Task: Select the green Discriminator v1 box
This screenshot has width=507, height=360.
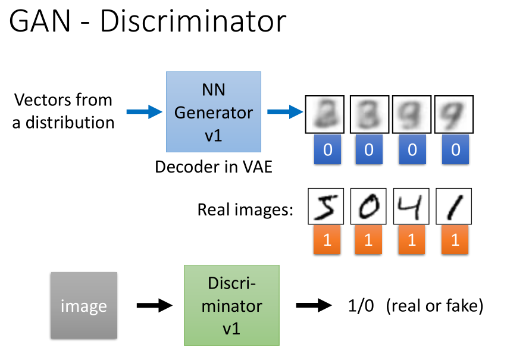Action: coord(231,305)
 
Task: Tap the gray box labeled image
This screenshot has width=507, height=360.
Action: coord(83,306)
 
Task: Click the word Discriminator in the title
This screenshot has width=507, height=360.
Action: coord(193,22)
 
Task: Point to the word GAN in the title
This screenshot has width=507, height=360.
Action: coord(41,22)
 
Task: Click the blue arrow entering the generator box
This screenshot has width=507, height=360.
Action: coord(144,111)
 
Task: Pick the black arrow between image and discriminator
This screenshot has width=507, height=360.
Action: coord(154,306)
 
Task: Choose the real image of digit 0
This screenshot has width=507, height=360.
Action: coord(368,206)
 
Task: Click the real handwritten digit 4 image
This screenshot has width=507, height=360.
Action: coord(412,206)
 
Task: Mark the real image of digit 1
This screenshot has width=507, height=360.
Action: coord(455,206)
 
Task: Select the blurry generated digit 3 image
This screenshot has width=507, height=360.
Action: coord(368,114)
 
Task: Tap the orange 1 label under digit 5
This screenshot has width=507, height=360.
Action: coord(326,240)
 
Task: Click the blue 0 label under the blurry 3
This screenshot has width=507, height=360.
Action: coord(368,149)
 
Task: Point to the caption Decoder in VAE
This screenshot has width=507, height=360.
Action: coord(213,167)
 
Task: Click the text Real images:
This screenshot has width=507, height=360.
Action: coord(246,210)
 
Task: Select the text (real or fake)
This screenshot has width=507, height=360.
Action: coord(434,306)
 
